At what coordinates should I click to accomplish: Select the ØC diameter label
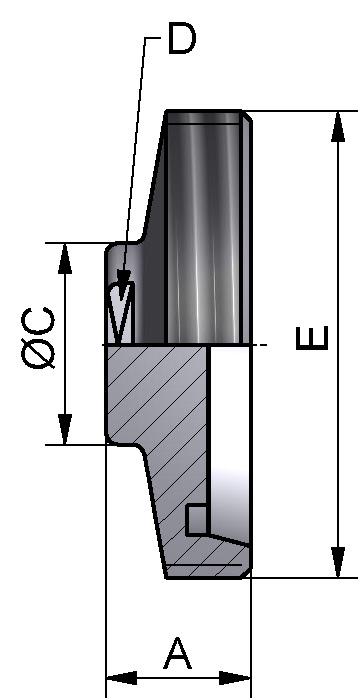point(40,339)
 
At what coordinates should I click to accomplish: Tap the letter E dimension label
point(312,340)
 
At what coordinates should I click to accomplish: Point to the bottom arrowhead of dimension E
point(339,565)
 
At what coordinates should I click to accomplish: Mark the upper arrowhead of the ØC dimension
point(66,256)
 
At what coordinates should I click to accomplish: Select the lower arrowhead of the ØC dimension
point(66,431)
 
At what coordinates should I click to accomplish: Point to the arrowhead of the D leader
point(121,283)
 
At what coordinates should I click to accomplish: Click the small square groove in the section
point(197,519)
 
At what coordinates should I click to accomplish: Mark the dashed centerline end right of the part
point(264,346)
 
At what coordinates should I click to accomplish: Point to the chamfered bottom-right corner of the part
point(247,570)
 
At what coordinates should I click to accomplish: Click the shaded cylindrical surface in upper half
point(205,230)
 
